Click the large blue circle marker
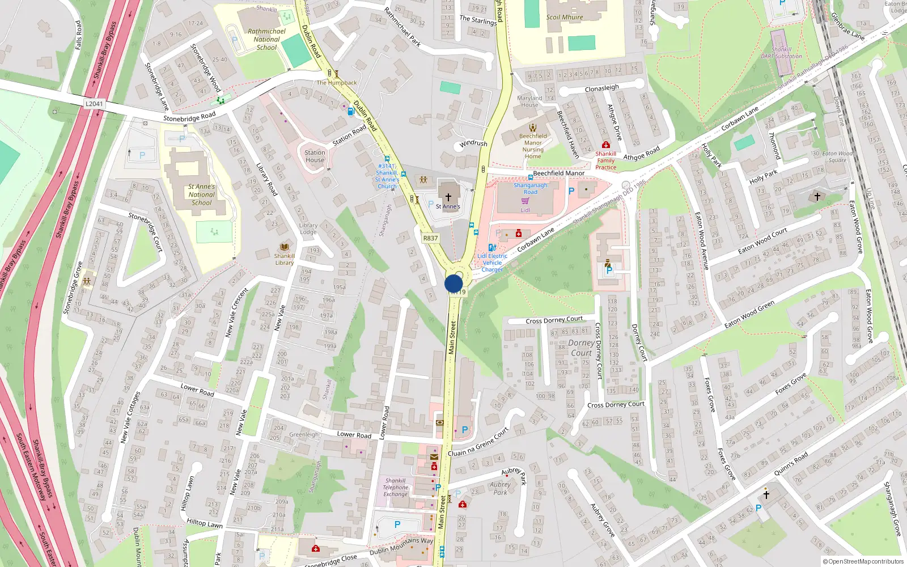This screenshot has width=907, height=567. click(x=453, y=283)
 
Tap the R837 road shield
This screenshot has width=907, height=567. click(x=430, y=238)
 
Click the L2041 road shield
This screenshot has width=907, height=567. click(x=94, y=104)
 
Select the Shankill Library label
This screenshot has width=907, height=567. click(x=285, y=259)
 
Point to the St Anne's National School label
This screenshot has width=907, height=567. click(x=201, y=194)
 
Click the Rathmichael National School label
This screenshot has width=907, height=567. click(x=266, y=40)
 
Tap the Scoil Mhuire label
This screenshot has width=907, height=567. click(x=565, y=17)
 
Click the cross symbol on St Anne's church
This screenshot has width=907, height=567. click(x=448, y=197)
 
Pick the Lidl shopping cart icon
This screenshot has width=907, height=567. click(x=525, y=201)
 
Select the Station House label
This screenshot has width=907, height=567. click(x=315, y=156)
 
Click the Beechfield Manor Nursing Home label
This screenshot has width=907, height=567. click(x=533, y=146)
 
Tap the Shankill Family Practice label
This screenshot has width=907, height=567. click(x=605, y=160)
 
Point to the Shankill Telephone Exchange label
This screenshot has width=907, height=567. click(x=395, y=487)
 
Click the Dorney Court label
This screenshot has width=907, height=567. click(x=581, y=348)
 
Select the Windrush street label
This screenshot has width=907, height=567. click(x=473, y=143)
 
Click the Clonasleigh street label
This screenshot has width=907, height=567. click(x=601, y=88)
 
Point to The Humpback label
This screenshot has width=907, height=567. click(x=337, y=83)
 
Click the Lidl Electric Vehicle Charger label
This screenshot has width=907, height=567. click(x=492, y=263)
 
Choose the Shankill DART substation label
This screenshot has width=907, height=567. click(x=781, y=53)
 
